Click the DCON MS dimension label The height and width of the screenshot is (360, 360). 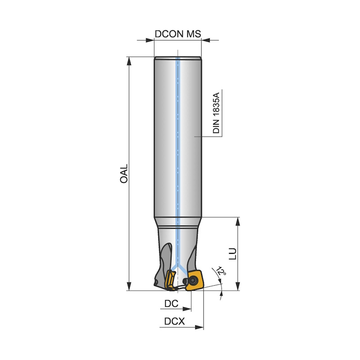(178, 34)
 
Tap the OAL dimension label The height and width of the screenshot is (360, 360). (124, 173)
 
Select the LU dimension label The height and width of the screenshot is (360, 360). (233, 253)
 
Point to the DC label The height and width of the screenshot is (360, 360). (171, 303)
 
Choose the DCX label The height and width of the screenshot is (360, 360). (175, 321)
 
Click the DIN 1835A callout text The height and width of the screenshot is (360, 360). (216, 113)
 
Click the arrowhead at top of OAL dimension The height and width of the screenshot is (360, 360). (129, 61)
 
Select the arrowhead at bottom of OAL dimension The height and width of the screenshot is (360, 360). (129, 286)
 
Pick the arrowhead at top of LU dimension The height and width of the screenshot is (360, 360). (238, 221)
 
